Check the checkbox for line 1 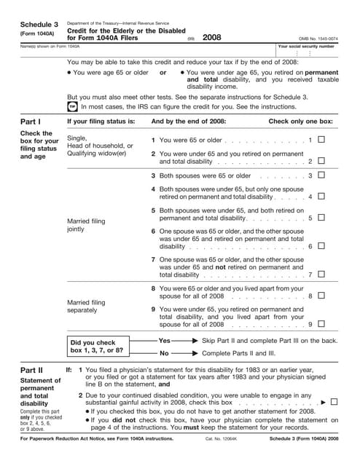click(x=321, y=140)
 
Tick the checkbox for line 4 click(x=321, y=197)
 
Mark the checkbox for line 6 click(x=321, y=246)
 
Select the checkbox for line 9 click(x=321, y=324)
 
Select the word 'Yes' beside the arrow click(x=164, y=341)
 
